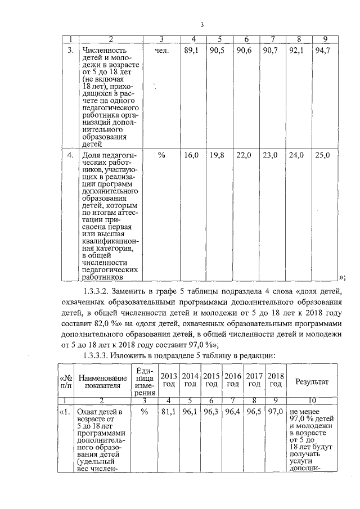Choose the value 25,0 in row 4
[322, 155]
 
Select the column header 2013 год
[167, 380]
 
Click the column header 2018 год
[275, 380]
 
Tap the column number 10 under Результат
[311, 400]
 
